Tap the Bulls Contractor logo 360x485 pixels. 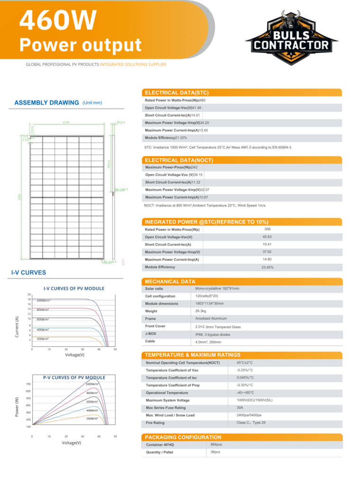point(291,38)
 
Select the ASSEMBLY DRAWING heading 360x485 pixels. point(46,103)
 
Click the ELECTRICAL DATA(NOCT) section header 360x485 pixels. point(179,160)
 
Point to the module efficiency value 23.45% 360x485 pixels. point(268,268)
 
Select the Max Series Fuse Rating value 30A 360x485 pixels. point(240,408)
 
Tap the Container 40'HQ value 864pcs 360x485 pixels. point(216,445)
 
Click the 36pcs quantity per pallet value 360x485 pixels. point(215,452)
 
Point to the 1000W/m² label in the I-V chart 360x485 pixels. point(44,301)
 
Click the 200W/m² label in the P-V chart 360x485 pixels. point(92,419)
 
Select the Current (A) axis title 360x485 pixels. point(17,327)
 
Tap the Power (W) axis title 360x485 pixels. point(17,407)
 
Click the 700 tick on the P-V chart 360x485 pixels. point(28,384)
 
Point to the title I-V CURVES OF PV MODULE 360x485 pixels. point(74,288)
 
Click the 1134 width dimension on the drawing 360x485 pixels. point(66,123)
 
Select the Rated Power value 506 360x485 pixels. point(268,229)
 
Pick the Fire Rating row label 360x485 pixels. point(155,423)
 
